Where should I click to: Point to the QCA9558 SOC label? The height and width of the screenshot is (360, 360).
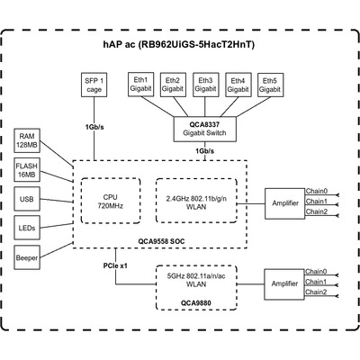pyautogui.click(x=161, y=241)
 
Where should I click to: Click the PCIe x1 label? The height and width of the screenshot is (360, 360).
pyautogui.click(x=115, y=265)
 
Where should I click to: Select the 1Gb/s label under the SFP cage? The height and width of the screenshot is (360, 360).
pyautogui.click(x=94, y=127)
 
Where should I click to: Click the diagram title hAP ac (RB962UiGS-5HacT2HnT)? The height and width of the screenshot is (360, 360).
pyautogui.click(x=179, y=44)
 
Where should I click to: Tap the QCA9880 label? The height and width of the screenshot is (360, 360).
pyautogui.click(x=195, y=303)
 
